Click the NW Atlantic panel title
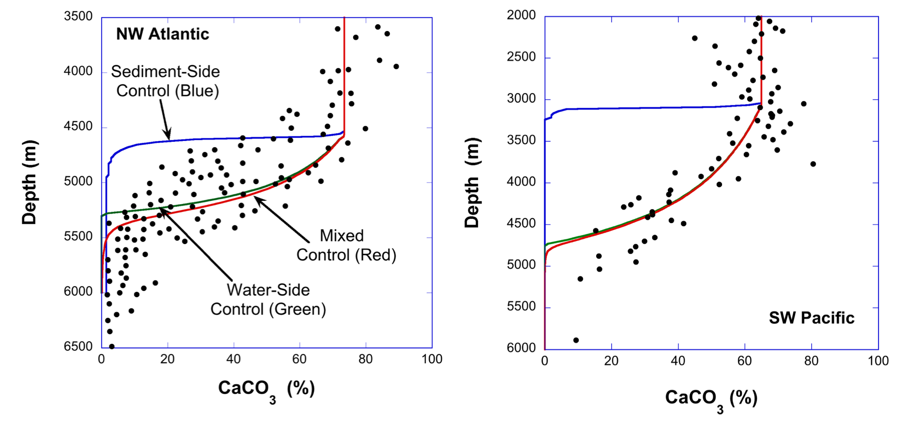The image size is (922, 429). tap(163, 34)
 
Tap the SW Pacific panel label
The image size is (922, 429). tap(812, 318)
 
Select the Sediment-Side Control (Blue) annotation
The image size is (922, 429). tap(166, 81)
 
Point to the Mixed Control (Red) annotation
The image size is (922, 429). tap(346, 245)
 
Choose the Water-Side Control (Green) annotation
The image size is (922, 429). tap(268, 300)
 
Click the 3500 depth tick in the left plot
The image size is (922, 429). tap(78, 16)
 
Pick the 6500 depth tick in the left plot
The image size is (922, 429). tap(78, 347)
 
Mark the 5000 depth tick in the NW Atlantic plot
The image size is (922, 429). tap(78, 182)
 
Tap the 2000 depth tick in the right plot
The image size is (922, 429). tap(522, 15)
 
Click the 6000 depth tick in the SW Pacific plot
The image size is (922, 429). tap(522, 348)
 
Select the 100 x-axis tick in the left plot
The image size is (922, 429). tap(432, 359)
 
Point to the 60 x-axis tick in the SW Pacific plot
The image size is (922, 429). tap(745, 361)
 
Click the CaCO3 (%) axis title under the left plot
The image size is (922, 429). tap(266, 389)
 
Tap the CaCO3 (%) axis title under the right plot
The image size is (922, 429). tap(711, 398)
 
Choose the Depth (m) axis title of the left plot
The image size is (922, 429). tap(30, 182)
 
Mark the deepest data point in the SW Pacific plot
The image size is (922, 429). tap(576, 340)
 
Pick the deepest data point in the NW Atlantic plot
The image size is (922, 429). tap(112, 347)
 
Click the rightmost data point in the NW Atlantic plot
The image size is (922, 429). tap(396, 66)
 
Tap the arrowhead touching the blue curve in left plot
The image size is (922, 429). tap(169, 139)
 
